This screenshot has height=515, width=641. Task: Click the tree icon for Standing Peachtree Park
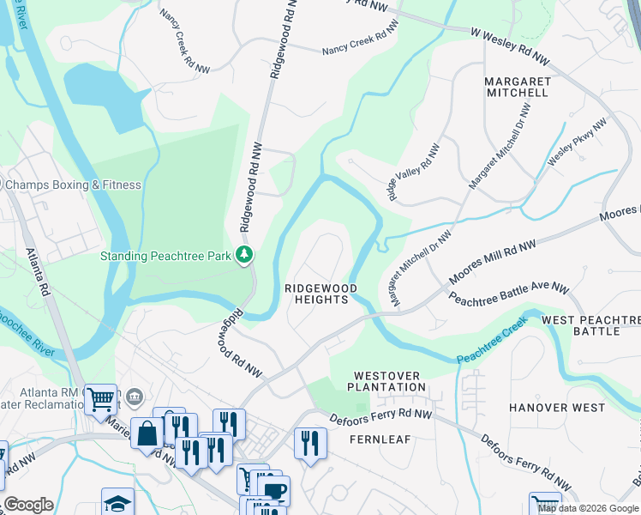(246, 255)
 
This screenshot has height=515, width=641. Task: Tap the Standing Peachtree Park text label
(169, 255)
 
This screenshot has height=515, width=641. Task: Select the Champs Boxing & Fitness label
(73, 185)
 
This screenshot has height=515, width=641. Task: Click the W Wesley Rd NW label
(510, 46)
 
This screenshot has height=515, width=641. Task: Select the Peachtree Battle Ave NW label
(509, 295)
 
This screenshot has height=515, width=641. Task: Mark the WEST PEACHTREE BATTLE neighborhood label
(591, 325)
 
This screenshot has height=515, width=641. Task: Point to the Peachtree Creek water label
(492, 344)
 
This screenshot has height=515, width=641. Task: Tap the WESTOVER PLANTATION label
(389, 381)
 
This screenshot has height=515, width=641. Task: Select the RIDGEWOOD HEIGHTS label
(321, 294)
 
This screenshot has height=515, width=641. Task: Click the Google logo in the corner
(27, 505)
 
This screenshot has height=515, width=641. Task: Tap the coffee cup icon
(274, 490)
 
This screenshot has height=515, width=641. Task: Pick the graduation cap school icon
(117, 502)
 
